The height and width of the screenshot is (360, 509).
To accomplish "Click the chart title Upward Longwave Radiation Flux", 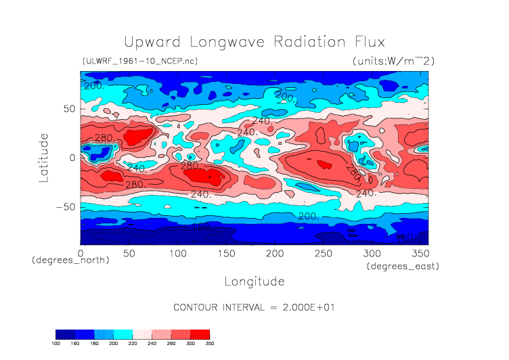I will [254, 41].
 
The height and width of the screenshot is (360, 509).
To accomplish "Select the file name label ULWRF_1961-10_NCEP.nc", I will [139, 61].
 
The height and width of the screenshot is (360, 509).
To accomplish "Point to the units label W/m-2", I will [393, 61].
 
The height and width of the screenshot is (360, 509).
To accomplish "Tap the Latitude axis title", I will [44, 157].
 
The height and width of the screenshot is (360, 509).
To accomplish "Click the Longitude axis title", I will [254, 281].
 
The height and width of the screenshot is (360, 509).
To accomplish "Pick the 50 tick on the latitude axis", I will [68, 108].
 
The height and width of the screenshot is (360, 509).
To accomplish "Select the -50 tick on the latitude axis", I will [65, 207].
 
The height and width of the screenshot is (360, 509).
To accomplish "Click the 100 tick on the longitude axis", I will [177, 253].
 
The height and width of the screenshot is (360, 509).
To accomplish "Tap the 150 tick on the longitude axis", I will [226, 253].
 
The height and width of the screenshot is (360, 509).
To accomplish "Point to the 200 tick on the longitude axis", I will [274, 253].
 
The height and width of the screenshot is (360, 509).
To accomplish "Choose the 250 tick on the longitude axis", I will [323, 253].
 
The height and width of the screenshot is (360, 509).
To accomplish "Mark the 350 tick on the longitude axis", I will [419, 253].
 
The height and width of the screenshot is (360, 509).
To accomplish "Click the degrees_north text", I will [70, 260].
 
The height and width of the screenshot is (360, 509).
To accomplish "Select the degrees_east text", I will [403, 267].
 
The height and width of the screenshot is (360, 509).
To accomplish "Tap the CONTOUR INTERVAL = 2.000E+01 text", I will [255, 307].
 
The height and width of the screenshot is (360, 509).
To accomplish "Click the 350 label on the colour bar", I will [210, 343].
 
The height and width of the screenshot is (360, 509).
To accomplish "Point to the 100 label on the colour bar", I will [56, 343].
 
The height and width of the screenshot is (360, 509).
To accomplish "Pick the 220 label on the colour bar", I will [133, 343].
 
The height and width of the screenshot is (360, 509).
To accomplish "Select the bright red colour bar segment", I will [200, 334].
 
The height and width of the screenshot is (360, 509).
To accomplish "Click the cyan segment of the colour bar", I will [123, 334].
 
